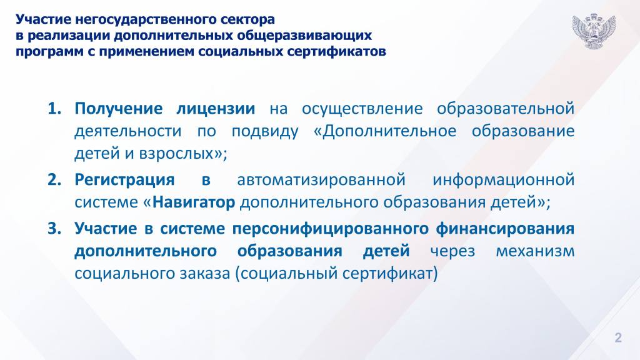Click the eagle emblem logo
tap(594, 31)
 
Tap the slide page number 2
tap(618, 337)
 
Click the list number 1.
tap(54, 109)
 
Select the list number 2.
tap(54, 179)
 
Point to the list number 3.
tap(54, 229)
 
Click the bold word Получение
tap(118, 109)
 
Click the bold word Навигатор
tap(194, 202)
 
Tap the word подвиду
tap(265, 132)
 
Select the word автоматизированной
tap(321, 180)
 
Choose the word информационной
tap(503, 180)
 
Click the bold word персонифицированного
tap(331, 229)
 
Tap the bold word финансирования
tap(505, 229)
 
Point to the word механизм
tap(535, 251)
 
